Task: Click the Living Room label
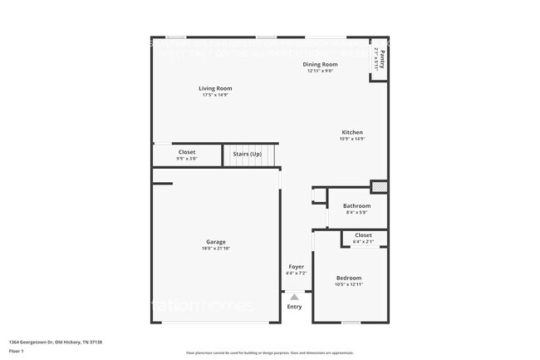215,88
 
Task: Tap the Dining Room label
320,64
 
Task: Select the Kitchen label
352,132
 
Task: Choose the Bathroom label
356,205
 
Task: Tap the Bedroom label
348,278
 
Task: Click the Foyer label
297,267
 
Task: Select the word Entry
295,307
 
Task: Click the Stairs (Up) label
247,154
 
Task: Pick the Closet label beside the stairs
187,152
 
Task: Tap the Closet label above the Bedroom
363,235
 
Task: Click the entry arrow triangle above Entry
295,295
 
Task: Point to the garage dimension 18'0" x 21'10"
216,249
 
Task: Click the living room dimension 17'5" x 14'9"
215,95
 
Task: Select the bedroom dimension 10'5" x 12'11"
348,285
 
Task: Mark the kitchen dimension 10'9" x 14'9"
352,139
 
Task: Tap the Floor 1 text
15,352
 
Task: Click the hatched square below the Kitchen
379,187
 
